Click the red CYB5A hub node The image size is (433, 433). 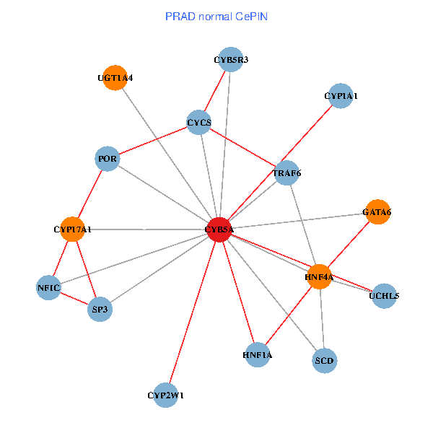(x=219, y=229)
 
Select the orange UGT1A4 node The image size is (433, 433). (x=115, y=78)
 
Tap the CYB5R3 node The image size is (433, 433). (x=231, y=60)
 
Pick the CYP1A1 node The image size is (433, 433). (x=341, y=96)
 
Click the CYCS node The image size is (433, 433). (x=198, y=123)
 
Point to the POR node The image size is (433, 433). (x=107, y=159)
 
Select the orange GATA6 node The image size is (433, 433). (x=377, y=212)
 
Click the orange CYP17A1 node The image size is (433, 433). (x=72, y=229)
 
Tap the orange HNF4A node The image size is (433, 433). (x=319, y=277)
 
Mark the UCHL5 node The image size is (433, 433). (x=384, y=295)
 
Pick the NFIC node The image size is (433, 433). (x=48, y=288)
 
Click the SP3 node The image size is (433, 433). (x=100, y=310)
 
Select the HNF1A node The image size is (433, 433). (x=258, y=354)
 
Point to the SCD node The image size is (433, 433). (x=325, y=359)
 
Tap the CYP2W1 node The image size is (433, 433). (x=166, y=395)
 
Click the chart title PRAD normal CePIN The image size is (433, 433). (x=216, y=16)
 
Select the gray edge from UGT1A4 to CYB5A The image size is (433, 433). (x=167, y=154)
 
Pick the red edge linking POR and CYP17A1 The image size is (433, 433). (x=89, y=194)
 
